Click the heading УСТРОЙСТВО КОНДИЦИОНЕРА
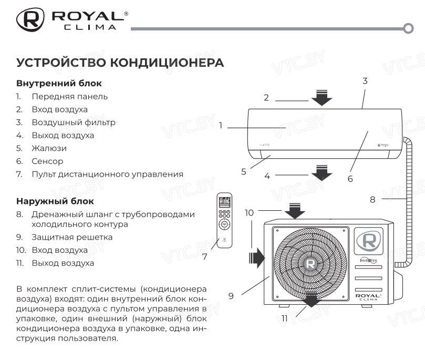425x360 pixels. pos(120,63)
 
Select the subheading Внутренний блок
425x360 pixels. pos(59,84)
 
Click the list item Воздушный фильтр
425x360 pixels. pos(73,122)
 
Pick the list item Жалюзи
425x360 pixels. pos(49,148)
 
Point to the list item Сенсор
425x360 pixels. pos(47,161)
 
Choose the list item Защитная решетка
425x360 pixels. pos(72,237)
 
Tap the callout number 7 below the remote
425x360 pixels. pos(205,257)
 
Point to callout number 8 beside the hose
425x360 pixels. pos(372,200)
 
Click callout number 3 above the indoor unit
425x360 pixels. pos(365,81)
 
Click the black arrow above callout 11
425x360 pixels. pos(312,300)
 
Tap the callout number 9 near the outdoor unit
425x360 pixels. pos(231,296)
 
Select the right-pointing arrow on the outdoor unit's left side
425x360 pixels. pos(256,258)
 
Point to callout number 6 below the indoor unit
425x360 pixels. pos(350,178)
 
